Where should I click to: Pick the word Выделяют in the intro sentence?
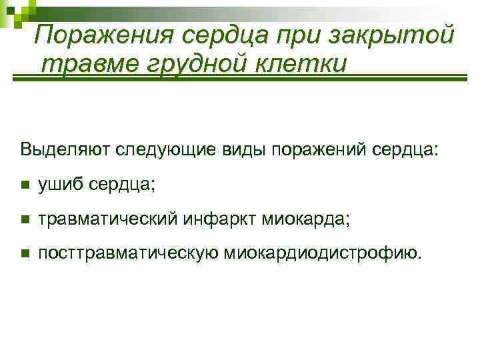(x=66, y=148)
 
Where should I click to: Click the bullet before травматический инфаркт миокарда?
(x=25, y=219)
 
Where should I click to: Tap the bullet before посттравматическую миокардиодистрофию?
(x=25, y=253)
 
